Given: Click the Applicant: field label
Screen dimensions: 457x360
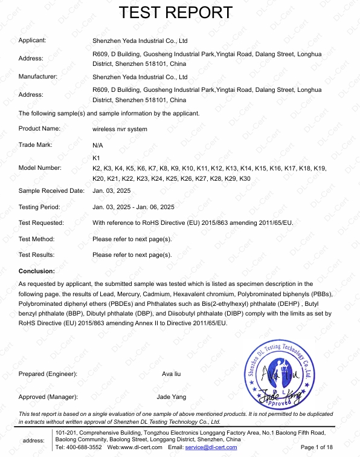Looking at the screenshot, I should coord(33,41).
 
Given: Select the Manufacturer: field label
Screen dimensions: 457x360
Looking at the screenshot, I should coord(38,77).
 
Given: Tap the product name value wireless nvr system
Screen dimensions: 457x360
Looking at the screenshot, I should coord(120,129).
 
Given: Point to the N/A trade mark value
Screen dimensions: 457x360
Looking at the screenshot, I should coord(97,146).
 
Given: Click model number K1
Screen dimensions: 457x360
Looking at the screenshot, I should coord(95,158).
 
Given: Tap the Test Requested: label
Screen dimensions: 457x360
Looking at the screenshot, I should coord(41,223).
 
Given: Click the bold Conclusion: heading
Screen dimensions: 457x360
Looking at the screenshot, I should coord(37,271).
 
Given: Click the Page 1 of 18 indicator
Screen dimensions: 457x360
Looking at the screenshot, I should coord(316,447).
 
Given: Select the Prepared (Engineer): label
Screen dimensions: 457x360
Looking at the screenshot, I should coord(48,374).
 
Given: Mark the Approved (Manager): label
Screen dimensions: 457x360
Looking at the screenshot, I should coord(48,397).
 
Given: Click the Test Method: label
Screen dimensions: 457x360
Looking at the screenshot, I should coord(36,239).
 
